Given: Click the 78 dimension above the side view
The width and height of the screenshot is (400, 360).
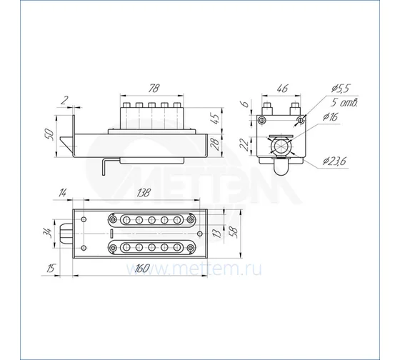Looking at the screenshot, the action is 154,88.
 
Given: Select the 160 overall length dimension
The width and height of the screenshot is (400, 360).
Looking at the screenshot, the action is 142,269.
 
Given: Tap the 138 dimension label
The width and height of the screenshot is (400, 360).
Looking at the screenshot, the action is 144,193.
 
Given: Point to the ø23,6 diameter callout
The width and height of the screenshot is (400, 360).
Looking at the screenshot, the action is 334,161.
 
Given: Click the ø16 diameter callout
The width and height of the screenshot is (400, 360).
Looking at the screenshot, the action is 330,117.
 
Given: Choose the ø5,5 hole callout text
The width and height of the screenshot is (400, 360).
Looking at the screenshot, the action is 340,89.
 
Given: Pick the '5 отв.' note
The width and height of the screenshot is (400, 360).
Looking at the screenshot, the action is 344,103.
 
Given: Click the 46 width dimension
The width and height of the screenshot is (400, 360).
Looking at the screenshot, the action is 282,89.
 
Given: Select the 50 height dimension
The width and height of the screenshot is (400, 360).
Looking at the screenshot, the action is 49,134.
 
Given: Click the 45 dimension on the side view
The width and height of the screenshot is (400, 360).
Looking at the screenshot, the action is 215,119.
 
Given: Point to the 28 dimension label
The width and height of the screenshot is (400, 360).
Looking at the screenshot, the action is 216,144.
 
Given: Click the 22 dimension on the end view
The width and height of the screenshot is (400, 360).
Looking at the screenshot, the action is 244,145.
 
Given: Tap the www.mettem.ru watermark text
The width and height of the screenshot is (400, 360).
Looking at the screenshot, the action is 194,269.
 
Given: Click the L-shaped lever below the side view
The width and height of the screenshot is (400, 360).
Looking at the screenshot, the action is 104,167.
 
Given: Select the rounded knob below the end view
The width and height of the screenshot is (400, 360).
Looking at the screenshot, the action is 281,167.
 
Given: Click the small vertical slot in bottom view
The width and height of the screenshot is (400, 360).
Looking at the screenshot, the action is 111,234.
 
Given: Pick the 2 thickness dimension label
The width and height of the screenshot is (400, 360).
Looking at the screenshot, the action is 64,101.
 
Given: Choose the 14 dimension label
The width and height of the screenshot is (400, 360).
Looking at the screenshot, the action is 62,193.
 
